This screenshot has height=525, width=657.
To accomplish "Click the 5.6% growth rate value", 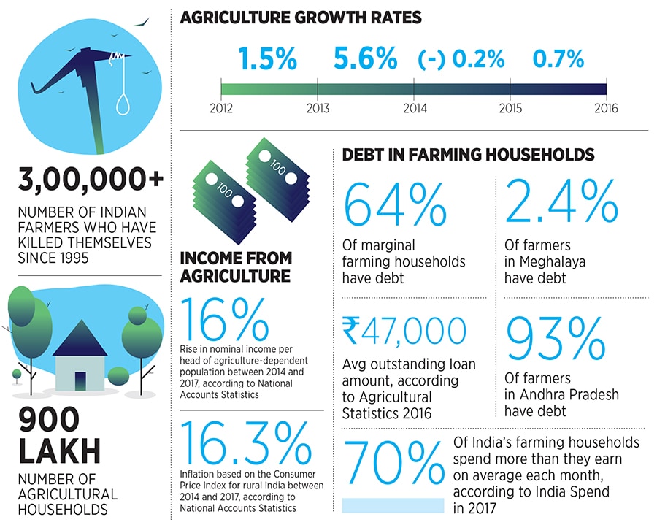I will (x=365, y=58).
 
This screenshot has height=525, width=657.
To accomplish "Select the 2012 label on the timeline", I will (x=221, y=109).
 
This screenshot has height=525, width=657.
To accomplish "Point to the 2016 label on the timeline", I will (x=605, y=109).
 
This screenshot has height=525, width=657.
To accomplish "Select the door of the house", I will (x=80, y=380).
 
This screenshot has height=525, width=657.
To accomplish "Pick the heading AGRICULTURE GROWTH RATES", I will (x=301, y=17).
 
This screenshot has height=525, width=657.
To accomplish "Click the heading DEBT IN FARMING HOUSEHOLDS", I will (x=468, y=155).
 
